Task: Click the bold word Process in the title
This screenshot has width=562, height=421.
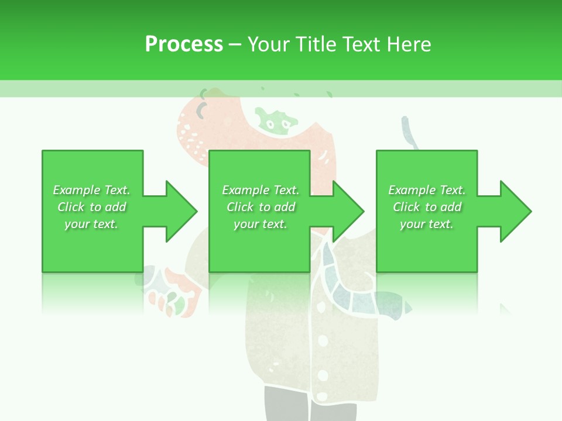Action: click(184, 44)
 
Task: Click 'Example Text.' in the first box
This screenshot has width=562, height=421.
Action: click(92, 190)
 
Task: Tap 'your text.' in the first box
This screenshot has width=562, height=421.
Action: click(92, 224)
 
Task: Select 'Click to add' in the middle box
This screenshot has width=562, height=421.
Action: click(261, 207)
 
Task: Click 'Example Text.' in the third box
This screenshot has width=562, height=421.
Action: click(427, 190)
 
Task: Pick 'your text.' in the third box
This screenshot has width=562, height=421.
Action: click(427, 224)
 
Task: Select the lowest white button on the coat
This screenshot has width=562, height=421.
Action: click(323, 375)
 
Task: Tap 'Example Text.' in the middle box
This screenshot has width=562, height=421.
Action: click(261, 190)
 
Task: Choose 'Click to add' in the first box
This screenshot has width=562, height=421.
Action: click(92, 207)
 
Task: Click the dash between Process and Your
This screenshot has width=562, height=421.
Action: click(235, 44)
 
